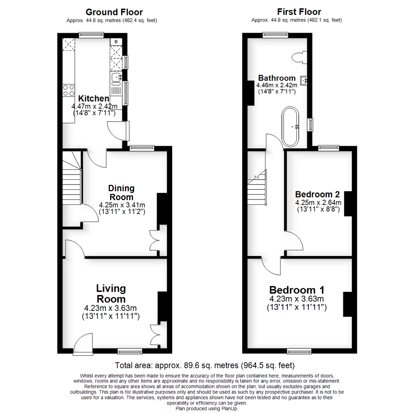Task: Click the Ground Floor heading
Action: pyautogui.click(x=114, y=12)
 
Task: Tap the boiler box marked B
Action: pyautogui.click(x=116, y=41)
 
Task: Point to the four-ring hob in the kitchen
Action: pyautogui.click(x=69, y=90)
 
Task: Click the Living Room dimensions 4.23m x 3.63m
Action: pyautogui.click(x=111, y=308)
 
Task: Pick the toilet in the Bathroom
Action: pyautogui.click(x=299, y=58)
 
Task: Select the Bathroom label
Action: pyautogui.click(x=277, y=78)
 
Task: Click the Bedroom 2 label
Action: pyautogui.click(x=318, y=194)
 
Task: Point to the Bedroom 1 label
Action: pyautogui.click(x=297, y=289)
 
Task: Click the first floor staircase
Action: pyautogui.click(x=256, y=188)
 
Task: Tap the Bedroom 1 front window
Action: pyautogui.click(x=299, y=351)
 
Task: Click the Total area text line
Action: pyautogui.click(x=205, y=365)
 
